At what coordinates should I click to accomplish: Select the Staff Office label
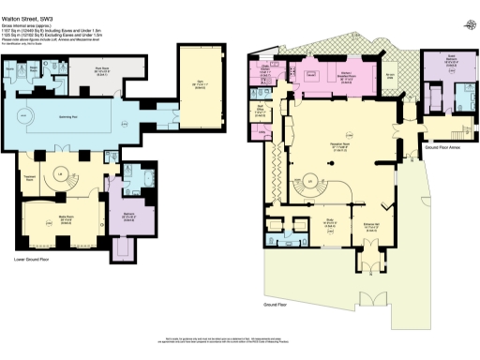(x=262, y=108)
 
